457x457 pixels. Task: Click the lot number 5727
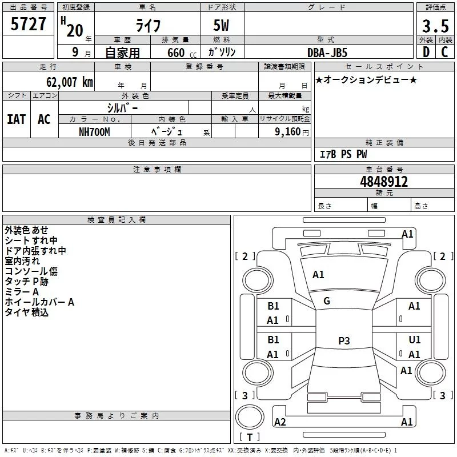point(28,24)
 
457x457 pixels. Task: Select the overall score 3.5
point(435,26)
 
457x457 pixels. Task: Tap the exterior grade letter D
point(426,52)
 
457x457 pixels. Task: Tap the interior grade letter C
point(444,52)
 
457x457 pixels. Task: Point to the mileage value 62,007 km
point(69,82)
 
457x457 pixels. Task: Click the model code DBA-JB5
point(327,53)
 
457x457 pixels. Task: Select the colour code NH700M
point(94,132)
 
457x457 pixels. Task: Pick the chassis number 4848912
point(384,182)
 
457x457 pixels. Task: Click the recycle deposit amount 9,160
point(287,131)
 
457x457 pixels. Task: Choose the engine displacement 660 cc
point(182,53)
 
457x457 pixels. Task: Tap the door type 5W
point(221,25)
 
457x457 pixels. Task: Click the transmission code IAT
point(17,119)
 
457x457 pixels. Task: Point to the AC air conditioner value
point(44,119)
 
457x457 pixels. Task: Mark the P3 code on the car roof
point(344,340)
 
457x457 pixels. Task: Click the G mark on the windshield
point(327,301)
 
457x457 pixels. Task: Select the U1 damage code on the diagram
point(415,339)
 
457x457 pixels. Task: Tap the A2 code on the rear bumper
point(280,422)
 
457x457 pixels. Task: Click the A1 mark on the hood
point(318,275)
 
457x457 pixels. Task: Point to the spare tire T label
point(250,437)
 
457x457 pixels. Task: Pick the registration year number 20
point(75,30)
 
